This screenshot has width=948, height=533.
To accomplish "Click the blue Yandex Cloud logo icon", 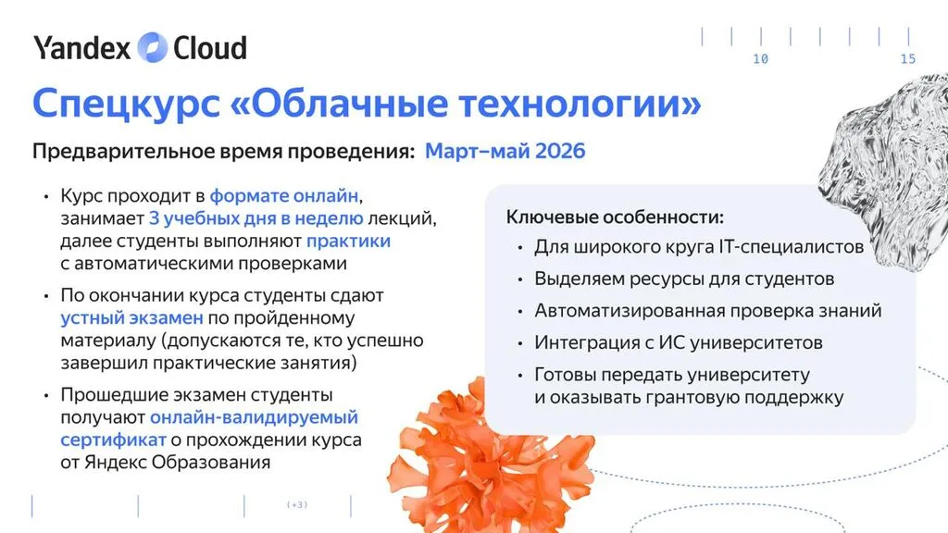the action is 153,48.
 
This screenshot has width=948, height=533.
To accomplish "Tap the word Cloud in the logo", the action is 210,48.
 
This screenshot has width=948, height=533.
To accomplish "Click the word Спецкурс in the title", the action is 126,104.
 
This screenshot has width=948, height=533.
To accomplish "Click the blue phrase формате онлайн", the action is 284,196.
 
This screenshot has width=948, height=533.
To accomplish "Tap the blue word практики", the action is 348,242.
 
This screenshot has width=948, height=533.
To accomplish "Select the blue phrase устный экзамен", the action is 131,318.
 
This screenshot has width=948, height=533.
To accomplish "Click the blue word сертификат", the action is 113,440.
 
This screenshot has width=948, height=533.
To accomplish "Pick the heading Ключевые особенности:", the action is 615,217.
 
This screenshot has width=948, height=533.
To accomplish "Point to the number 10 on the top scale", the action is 761,59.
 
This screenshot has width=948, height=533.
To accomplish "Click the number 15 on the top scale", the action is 908,59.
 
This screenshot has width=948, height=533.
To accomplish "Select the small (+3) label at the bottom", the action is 297,504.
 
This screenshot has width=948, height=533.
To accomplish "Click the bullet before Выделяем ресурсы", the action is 520,279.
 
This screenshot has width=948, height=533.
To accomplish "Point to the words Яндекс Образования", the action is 177,463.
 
